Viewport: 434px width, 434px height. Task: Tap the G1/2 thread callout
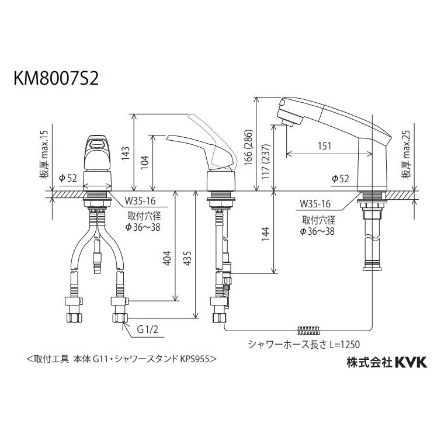148,329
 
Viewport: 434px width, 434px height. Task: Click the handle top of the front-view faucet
98,141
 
